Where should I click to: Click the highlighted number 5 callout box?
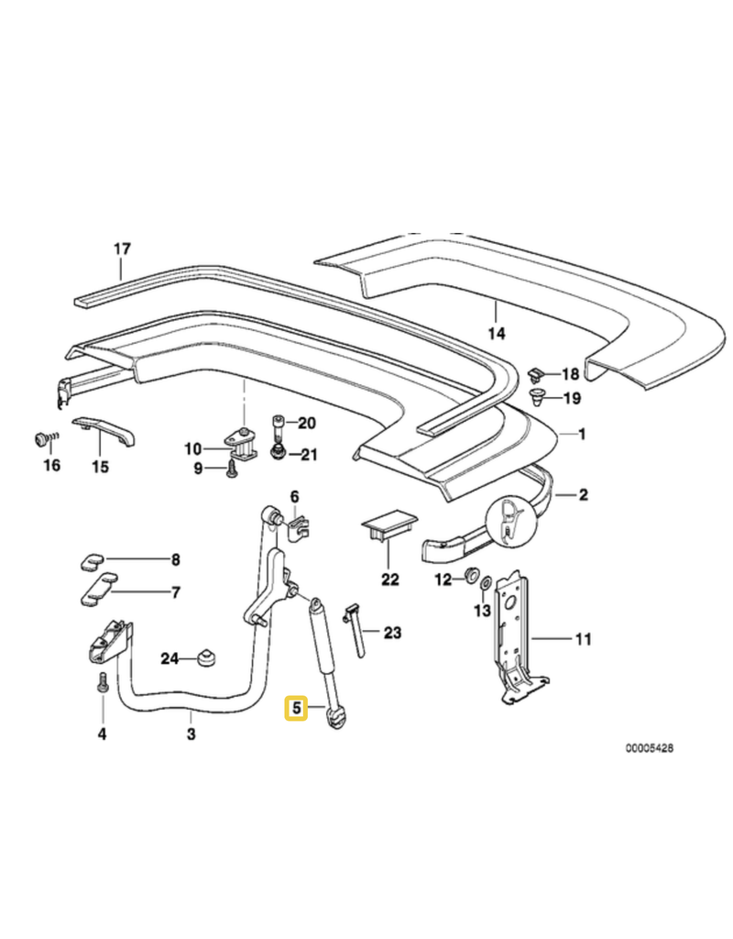point(295,708)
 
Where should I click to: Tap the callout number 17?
point(123,249)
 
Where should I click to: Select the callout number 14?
point(496,334)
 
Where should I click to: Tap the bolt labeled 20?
point(279,424)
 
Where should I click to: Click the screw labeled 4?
point(102,684)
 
